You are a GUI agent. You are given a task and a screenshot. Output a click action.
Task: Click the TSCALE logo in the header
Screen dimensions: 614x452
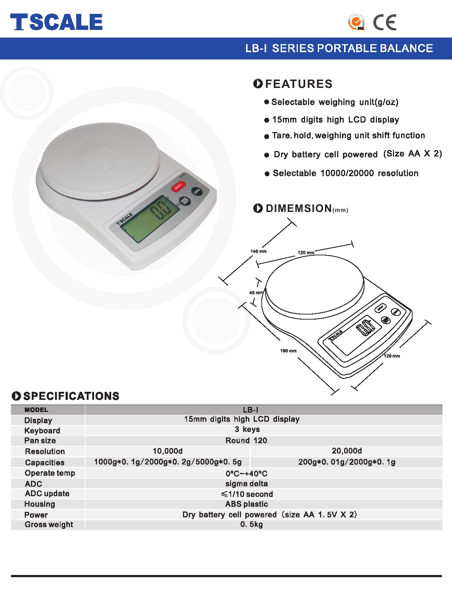coord(56,22)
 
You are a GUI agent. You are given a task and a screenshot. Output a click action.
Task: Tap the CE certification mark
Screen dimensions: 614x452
coord(385,23)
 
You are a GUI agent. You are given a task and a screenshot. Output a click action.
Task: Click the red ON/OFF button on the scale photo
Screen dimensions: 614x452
coord(178,187)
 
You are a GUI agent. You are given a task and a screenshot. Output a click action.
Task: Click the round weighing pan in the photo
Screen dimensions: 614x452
coord(100,161)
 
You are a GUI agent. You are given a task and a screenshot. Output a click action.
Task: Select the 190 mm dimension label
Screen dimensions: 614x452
coord(288,351)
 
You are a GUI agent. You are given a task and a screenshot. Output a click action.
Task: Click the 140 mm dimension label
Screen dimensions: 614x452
coord(258,251)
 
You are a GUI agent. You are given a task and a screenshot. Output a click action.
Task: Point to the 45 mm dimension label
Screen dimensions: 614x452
coord(256,293)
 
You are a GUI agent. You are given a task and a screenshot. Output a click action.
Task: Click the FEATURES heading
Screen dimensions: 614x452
coord(299,84)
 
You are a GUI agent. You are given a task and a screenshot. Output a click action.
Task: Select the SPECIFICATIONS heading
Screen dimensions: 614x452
coord(71,396)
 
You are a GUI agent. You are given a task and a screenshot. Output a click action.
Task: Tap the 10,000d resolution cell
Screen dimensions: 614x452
coord(168,451)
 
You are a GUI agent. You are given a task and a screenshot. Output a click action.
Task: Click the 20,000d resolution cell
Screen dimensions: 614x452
coord(347,451)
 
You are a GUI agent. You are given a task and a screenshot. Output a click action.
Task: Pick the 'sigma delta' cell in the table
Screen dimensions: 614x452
coord(246,484)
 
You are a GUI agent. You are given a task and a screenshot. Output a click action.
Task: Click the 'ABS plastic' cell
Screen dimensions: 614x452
coord(246,504)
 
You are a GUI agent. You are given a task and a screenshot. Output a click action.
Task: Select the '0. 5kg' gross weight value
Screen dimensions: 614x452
coord(252,525)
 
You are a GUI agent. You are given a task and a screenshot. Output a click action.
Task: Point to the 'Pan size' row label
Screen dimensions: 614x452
coord(40,441)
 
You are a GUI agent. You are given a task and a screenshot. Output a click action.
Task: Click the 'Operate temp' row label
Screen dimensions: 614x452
coord(50,473)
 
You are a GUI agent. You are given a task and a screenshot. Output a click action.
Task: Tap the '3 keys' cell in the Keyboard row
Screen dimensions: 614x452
coord(247,429)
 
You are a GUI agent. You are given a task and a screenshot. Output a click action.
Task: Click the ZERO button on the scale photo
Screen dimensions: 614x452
coord(197,191)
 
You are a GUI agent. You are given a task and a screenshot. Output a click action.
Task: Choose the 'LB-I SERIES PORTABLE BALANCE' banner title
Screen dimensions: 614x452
coord(339,49)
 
